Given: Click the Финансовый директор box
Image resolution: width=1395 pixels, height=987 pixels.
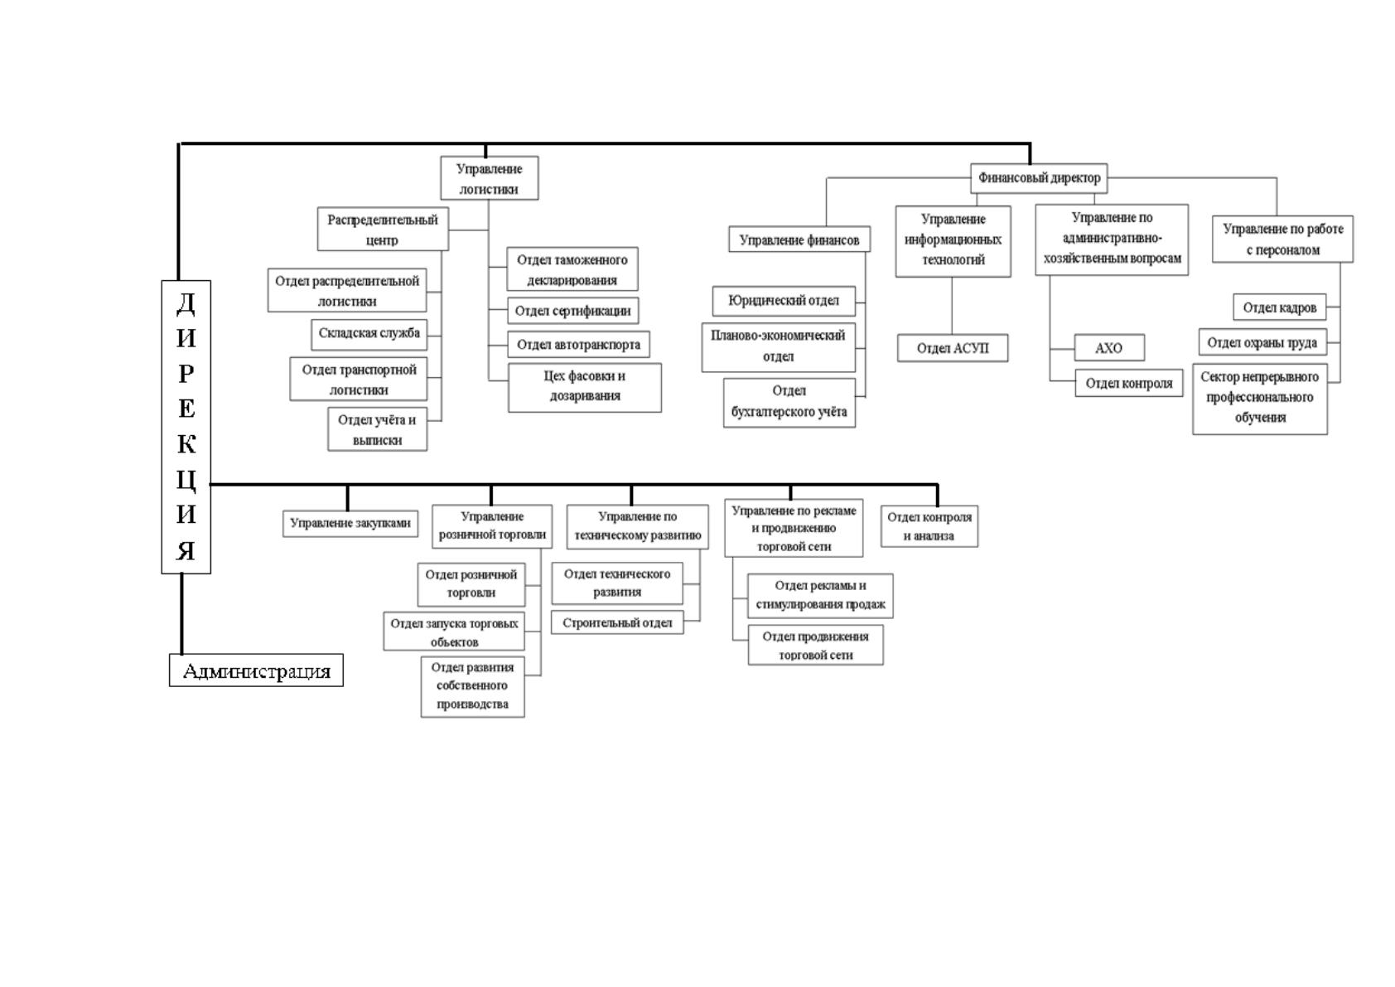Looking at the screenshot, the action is pos(1039,178).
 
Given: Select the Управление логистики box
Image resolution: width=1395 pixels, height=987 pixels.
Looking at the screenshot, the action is pos(489,178).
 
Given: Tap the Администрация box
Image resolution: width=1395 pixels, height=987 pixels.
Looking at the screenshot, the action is pos(256,670).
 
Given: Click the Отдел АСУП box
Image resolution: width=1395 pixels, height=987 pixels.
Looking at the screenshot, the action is pos(952,348).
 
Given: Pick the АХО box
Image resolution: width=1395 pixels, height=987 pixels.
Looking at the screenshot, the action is pos(1109,348).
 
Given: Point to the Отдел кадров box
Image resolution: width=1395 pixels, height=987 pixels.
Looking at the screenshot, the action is pos(1279,307).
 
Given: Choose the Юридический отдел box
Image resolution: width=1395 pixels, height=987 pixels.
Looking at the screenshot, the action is pos(784,301).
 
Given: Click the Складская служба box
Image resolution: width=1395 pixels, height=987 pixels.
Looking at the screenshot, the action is pos(369,335).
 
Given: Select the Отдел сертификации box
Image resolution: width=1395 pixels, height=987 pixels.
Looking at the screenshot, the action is pos(573,311).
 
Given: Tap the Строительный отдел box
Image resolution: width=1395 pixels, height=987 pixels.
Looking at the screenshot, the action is pos(617,622).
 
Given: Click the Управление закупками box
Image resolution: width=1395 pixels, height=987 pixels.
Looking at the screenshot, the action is pos(350,524).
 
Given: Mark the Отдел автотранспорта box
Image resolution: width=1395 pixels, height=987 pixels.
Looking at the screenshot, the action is pos(578,345).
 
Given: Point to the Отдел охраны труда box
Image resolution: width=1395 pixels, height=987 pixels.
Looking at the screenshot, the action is pos(1262,343).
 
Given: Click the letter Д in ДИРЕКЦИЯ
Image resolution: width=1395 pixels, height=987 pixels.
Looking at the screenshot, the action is pos(186,303).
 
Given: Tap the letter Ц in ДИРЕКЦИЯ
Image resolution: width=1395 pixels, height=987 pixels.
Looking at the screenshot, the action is pos(186,480).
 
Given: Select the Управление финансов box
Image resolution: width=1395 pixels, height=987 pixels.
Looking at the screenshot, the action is pos(799,239).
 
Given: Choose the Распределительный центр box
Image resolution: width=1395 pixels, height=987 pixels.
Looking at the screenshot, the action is pos(383,230).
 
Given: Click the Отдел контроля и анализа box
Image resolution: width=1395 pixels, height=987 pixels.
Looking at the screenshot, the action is pos(929,526).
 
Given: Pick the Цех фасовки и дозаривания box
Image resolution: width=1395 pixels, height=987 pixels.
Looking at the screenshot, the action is pos(585,388).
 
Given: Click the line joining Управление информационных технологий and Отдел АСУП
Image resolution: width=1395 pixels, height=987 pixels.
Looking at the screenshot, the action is pos(952,306).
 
